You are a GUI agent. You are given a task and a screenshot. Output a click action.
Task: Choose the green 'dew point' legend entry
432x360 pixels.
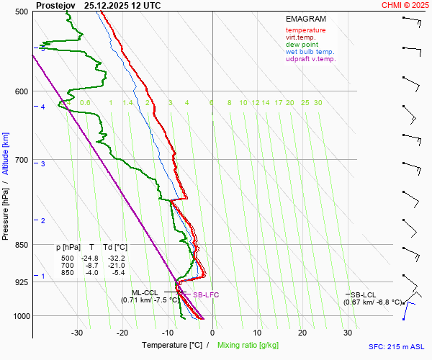[302, 45]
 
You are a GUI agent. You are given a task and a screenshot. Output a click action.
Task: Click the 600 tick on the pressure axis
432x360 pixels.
[22, 91]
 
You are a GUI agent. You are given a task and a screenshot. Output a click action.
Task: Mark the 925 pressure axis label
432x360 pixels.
[22, 282]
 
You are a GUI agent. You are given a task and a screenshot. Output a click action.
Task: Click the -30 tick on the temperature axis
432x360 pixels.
[77, 333]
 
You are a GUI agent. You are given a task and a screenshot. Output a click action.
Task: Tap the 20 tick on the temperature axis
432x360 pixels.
[302, 333]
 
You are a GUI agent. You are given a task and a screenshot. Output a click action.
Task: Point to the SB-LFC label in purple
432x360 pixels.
[205, 295]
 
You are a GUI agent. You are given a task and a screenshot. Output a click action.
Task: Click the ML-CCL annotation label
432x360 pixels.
[145, 293]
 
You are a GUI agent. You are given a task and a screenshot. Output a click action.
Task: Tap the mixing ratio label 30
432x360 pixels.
[318, 103]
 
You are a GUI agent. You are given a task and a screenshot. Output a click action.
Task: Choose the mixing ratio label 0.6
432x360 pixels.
[85, 103]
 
